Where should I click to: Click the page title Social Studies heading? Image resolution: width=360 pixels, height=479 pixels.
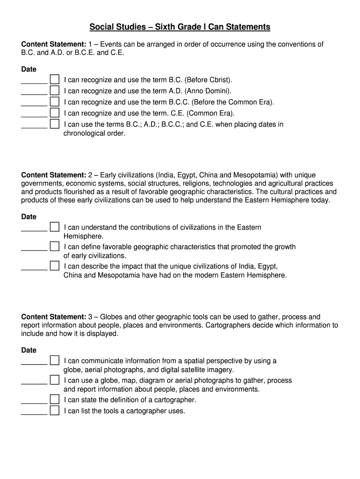(180, 27)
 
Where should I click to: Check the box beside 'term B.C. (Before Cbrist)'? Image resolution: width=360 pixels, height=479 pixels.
(55, 79)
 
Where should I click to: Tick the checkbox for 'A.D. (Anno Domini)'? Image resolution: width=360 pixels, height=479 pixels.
(55, 90)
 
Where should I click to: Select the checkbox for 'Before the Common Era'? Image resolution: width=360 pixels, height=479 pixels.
(55, 102)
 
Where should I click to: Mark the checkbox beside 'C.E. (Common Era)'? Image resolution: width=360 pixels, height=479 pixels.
(55, 113)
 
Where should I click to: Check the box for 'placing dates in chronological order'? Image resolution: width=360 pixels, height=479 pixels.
(55, 124)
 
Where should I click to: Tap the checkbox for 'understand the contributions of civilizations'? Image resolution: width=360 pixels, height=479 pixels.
(55, 227)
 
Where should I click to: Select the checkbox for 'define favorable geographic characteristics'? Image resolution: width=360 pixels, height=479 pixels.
(55, 246)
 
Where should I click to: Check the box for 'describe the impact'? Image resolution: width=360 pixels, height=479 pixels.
(55, 266)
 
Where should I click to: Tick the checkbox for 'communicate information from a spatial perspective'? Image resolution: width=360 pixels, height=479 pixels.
(55, 360)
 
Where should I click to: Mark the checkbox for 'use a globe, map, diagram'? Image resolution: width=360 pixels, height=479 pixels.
(55, 380)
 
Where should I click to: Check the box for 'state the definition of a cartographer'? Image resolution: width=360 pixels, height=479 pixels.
(55, 399)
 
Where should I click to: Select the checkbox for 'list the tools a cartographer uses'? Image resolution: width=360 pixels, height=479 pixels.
(55, 411)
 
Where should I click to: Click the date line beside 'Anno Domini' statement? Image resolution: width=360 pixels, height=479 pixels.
(34, 94)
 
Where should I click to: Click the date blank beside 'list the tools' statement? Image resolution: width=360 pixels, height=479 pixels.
(34, 414)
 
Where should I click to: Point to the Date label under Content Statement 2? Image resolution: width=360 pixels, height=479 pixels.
(29, 217)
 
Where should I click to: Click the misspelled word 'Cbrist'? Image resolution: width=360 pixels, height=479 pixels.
(220, 80)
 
